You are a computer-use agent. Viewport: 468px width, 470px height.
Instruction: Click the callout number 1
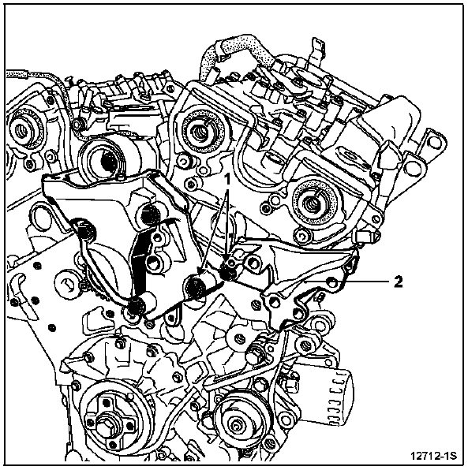click(228, 180)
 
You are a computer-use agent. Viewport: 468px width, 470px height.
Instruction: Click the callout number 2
click(398, 282)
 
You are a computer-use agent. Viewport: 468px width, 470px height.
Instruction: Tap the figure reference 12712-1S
click(433, 456)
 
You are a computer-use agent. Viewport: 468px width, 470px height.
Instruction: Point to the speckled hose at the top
click(237, 53)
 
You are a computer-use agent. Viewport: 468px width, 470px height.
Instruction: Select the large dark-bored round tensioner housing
click(108, 159)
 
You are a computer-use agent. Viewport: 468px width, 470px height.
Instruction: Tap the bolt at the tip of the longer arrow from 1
click(196, 285)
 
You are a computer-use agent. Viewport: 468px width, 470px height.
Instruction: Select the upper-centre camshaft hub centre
click(199, 131)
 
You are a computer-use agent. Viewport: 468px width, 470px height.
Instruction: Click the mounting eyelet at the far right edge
click(434, 140)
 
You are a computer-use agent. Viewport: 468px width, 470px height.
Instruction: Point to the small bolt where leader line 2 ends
click(332, 282)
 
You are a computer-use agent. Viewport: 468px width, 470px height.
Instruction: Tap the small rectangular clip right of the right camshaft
click(365, 237)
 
